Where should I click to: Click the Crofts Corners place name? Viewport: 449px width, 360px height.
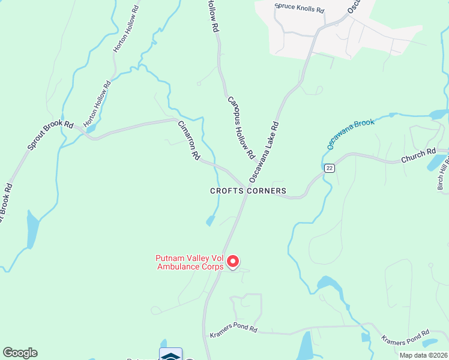click(x=248, y=191)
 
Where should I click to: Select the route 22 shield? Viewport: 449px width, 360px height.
click(x=328, y=169)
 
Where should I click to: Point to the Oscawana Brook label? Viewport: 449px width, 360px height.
click(x=351, y=134)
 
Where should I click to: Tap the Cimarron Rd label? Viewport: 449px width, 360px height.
click(x=188, y=140)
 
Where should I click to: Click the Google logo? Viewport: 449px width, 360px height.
click(x=20, y=353)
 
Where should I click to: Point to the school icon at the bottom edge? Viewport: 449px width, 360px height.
click(x=170, y=355)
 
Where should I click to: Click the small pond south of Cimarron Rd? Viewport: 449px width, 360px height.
click(x=210, y=221)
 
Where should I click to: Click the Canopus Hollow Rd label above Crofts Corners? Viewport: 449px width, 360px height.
click(x=241, y=127)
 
